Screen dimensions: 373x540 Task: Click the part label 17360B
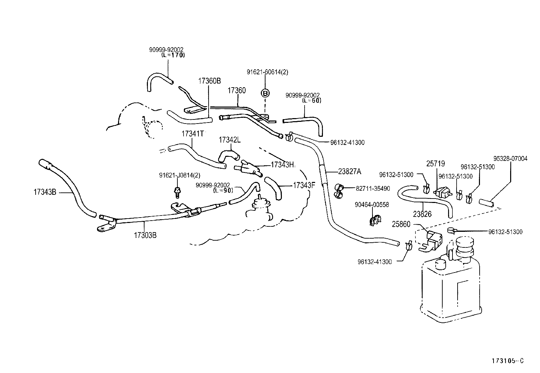coord(209,81)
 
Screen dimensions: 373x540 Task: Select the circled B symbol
coord(265,93)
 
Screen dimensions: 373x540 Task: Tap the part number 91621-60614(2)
coord(267,72)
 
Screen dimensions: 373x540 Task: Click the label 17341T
coord(192,134)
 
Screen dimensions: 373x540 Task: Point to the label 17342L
coord(230,140)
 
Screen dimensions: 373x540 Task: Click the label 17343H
coord(282,165)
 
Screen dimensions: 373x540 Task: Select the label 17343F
coord(304,185)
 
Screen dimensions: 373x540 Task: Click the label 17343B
coord(45,192)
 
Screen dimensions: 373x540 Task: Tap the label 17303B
coord(145,235)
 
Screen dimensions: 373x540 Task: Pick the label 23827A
coord(349,172)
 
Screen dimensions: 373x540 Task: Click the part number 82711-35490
coord(373,189)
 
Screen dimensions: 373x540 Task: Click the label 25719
coord(436,164)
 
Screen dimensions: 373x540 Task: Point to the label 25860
coord(401,224)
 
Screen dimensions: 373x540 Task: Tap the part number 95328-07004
coord(510,158)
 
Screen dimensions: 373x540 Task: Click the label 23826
coord(422,214)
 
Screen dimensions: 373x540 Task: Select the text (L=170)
coord(173,55)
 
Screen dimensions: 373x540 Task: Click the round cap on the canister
coord(465,244)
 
